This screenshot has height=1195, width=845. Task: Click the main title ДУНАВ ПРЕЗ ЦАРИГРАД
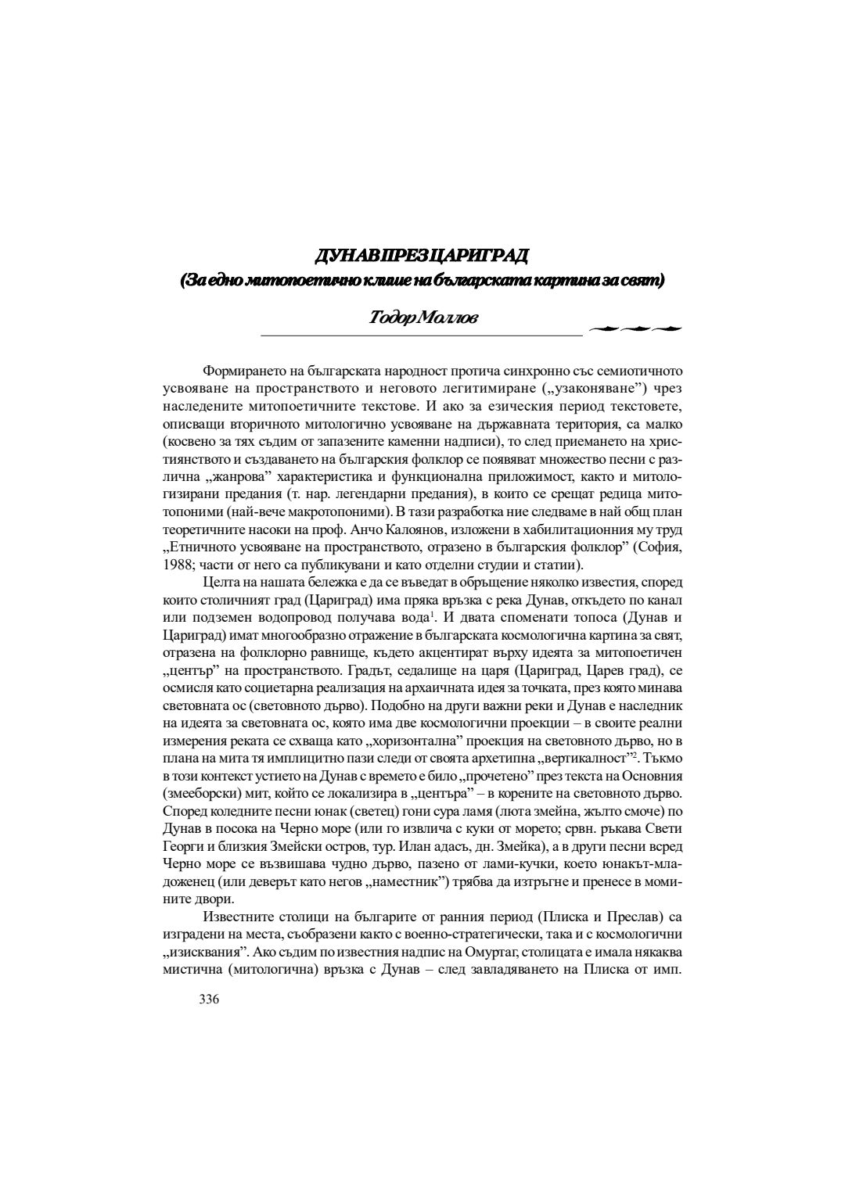pyautogui.click(x=421, y=256)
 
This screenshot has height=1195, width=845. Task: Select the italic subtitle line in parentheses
pyautogui.click(x=422, y=280)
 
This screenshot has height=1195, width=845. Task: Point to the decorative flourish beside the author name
pyautogui.click(x=634, y=328)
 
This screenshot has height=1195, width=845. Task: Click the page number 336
pyautogui.click(x=210, y=999)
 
